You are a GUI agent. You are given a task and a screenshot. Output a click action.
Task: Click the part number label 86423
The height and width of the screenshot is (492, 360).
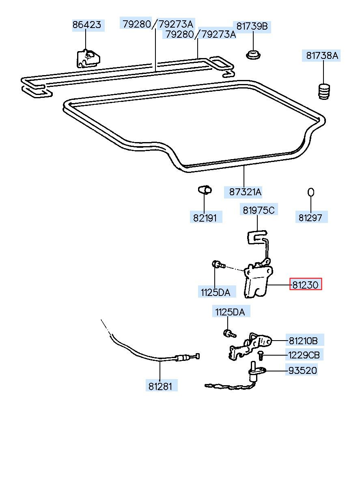click(87, 25)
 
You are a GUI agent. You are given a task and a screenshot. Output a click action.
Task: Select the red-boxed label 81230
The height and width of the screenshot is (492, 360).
click(305, 285)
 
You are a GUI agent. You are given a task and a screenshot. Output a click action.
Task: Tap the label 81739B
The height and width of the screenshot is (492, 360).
click(252, 26)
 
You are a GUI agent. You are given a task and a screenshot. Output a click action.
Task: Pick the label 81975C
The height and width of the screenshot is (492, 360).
click(259, 210)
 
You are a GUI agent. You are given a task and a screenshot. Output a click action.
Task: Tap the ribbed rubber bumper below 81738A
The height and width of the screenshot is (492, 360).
click(324, 91)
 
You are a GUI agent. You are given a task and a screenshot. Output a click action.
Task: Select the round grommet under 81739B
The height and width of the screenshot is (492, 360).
click(253, 54)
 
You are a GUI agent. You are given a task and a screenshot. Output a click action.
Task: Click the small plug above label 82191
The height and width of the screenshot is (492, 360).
click(205, 189)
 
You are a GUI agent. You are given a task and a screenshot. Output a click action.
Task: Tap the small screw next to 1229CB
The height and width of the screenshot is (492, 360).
click(261, 355)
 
